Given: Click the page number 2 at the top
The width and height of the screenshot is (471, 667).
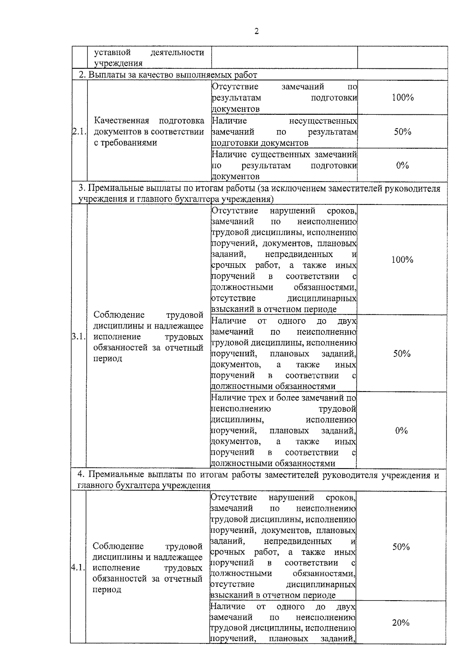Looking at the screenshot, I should coord(257,32).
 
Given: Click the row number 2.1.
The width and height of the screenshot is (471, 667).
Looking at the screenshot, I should coord(78,132).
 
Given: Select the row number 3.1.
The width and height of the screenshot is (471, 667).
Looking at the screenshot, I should coord(78,337).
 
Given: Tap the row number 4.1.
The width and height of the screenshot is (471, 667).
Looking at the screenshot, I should coord(78,568).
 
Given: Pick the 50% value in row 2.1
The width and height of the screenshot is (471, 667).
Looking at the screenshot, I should coord(402,132).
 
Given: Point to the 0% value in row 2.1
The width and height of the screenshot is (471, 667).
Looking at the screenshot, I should coord(402,165).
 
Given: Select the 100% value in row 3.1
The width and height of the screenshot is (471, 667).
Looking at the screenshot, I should coord(402,260).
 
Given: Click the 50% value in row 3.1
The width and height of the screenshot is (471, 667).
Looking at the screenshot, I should coord(402,354).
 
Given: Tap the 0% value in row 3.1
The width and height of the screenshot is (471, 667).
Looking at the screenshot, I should coord(402,431).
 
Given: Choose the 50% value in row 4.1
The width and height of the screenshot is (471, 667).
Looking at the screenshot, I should coord(401,547).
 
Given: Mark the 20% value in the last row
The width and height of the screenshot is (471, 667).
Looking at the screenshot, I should coord(401,623).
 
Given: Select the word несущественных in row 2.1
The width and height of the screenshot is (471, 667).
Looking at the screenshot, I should coord(323,121).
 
